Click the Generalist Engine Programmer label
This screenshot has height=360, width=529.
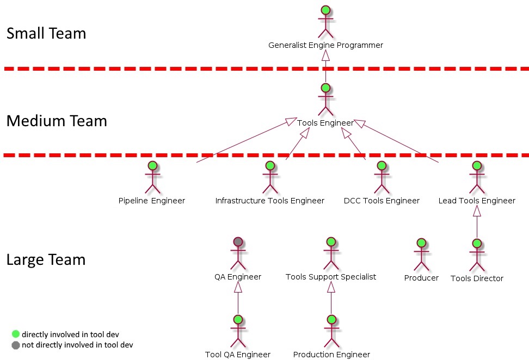tap(325, 45)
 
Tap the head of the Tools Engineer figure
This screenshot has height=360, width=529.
tap(325, 88)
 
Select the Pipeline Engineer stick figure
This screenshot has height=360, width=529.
tap(152, 177)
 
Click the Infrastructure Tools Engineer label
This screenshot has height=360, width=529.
tap(269, 201)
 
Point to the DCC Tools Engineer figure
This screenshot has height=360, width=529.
tap(382, 177)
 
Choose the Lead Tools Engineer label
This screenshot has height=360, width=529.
tap(477, 201)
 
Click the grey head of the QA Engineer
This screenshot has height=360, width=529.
tap(238, 241)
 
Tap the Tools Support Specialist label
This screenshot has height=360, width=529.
tap(331, 277)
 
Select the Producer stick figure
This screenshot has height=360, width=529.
tap(421, 255)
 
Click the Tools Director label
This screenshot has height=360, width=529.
tap(477, 278)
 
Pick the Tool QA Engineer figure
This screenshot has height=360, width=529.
tap(238, 331)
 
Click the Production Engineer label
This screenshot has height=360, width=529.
tap(331, 355)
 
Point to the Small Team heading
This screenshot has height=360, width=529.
tap(46, 33)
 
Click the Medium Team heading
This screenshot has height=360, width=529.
tap(57, 121)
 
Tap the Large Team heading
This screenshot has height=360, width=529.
tap(46, 259)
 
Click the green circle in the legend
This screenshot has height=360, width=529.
tap(16, 334)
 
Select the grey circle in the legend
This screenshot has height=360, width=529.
tap(16, 345)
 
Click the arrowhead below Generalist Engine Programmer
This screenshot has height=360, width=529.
tap(325, 55)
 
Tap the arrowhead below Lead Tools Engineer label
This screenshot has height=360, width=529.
tap(477, 211)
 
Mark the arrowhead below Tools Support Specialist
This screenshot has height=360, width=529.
tap(331, 287)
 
